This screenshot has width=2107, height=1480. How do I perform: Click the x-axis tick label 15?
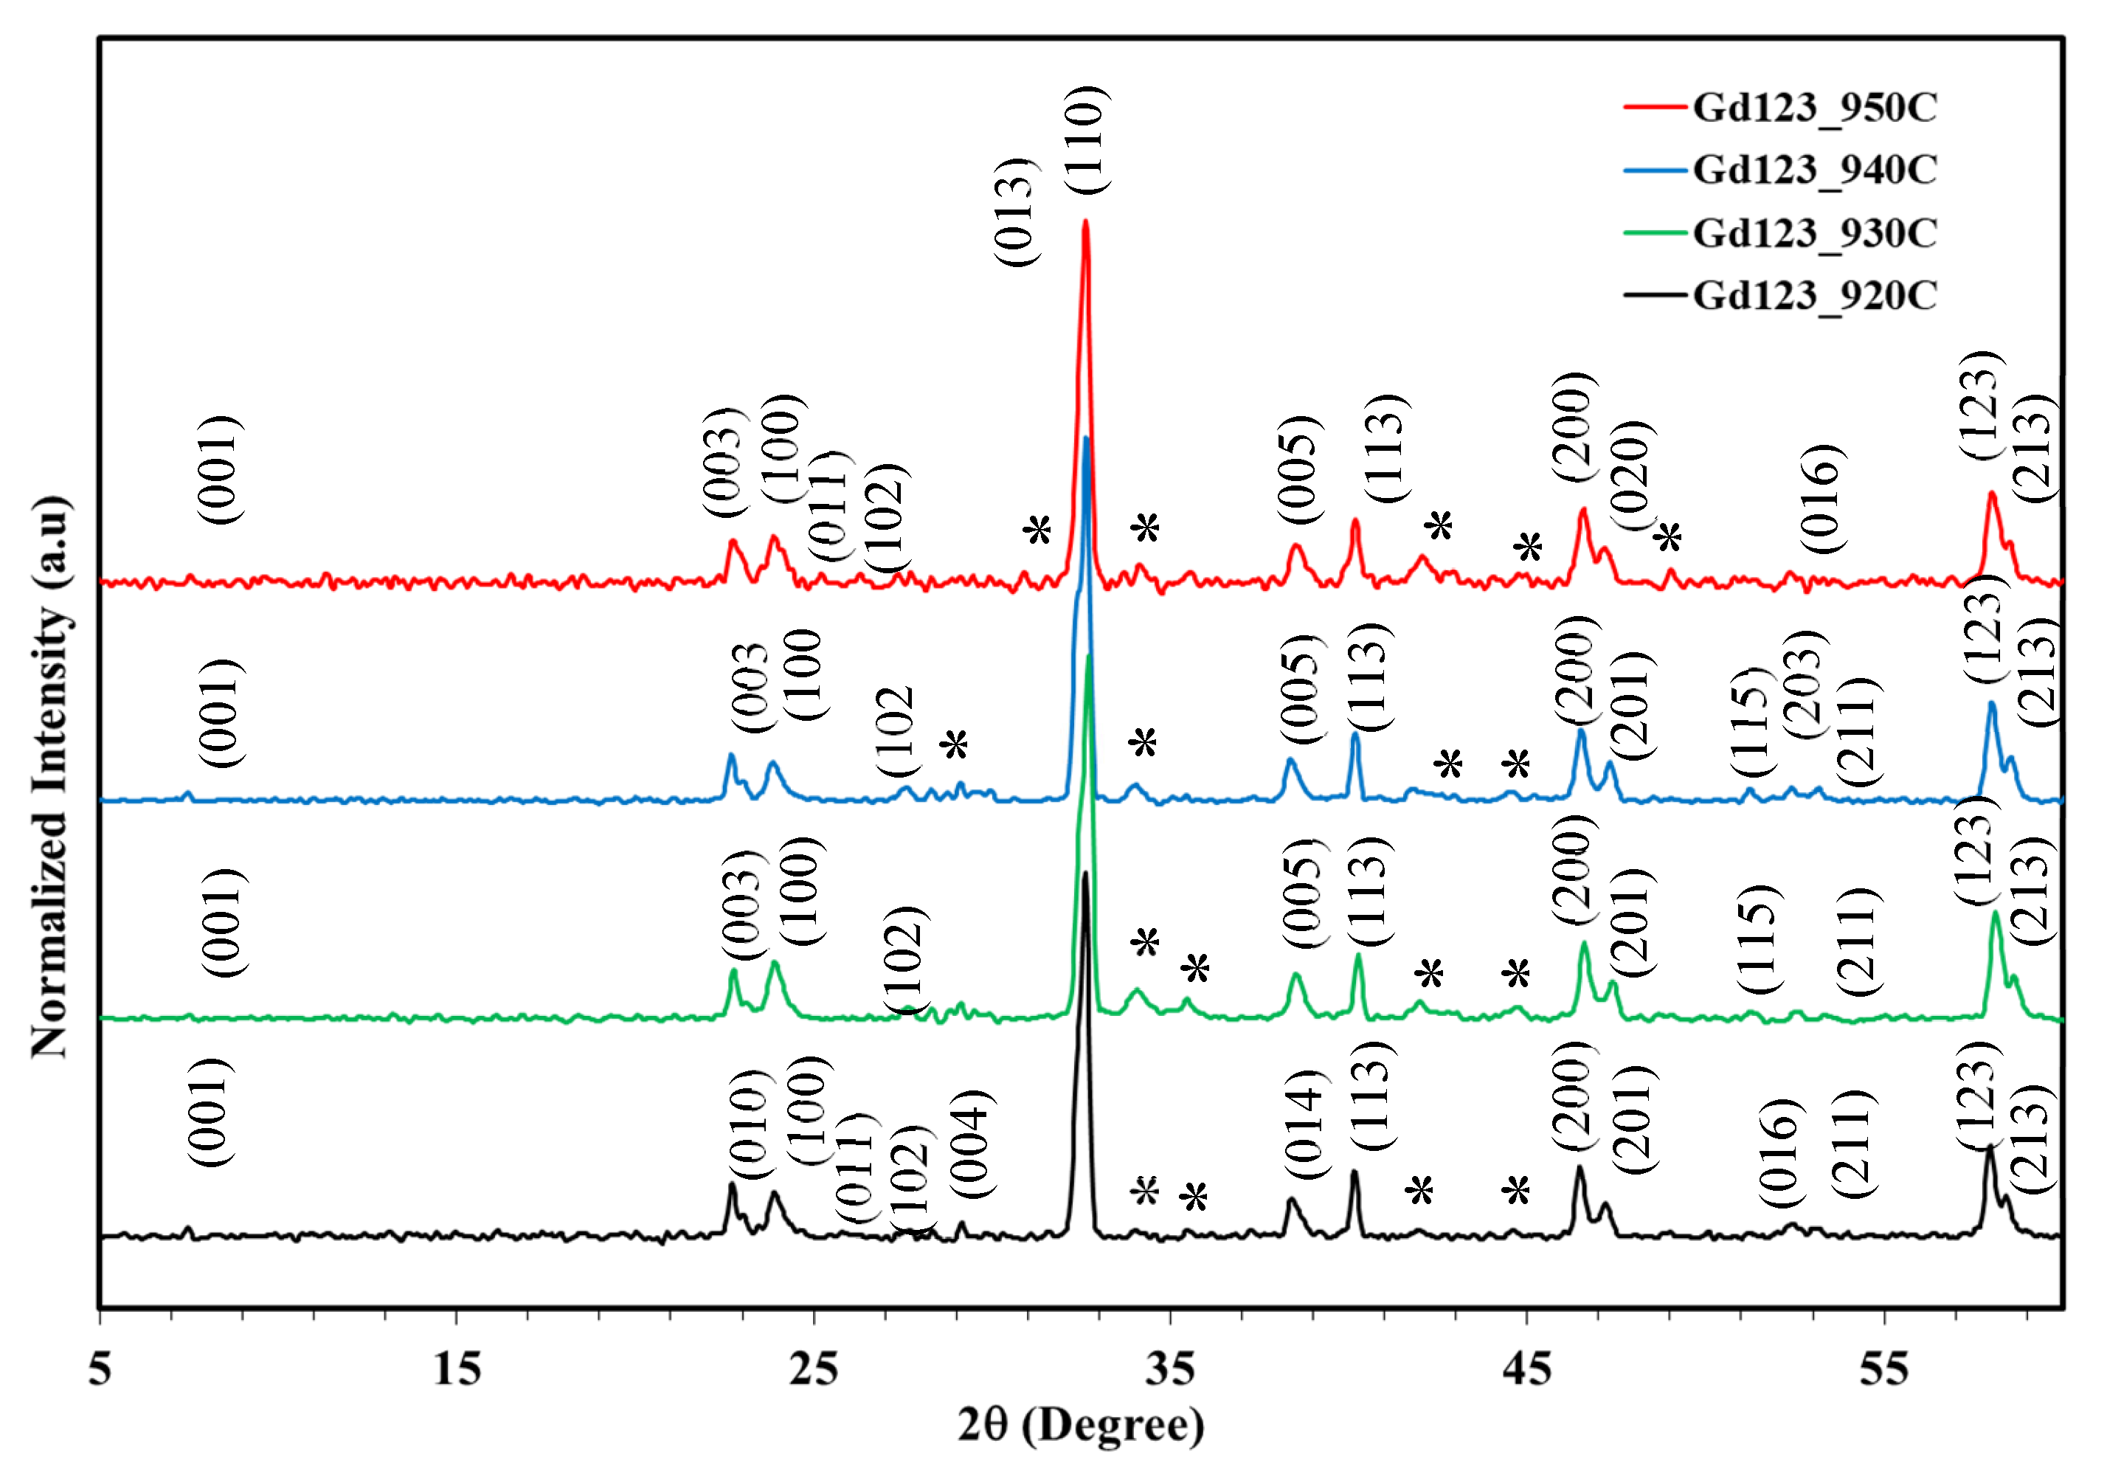pos(456,1369)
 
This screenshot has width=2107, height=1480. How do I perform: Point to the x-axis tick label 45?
pos(1527,1369)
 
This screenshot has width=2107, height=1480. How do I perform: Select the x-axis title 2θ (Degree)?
pos(1081,1425)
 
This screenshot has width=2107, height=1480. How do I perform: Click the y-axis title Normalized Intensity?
pos(50,776)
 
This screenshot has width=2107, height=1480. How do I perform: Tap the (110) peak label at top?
pos(1087,139)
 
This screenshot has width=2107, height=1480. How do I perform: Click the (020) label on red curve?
pos(1633,475)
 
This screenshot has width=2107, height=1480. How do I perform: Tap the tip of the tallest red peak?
pos(1086,222)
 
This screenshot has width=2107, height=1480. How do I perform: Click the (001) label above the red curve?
pos(221,470)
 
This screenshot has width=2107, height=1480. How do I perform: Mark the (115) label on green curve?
pos(1757,938)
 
